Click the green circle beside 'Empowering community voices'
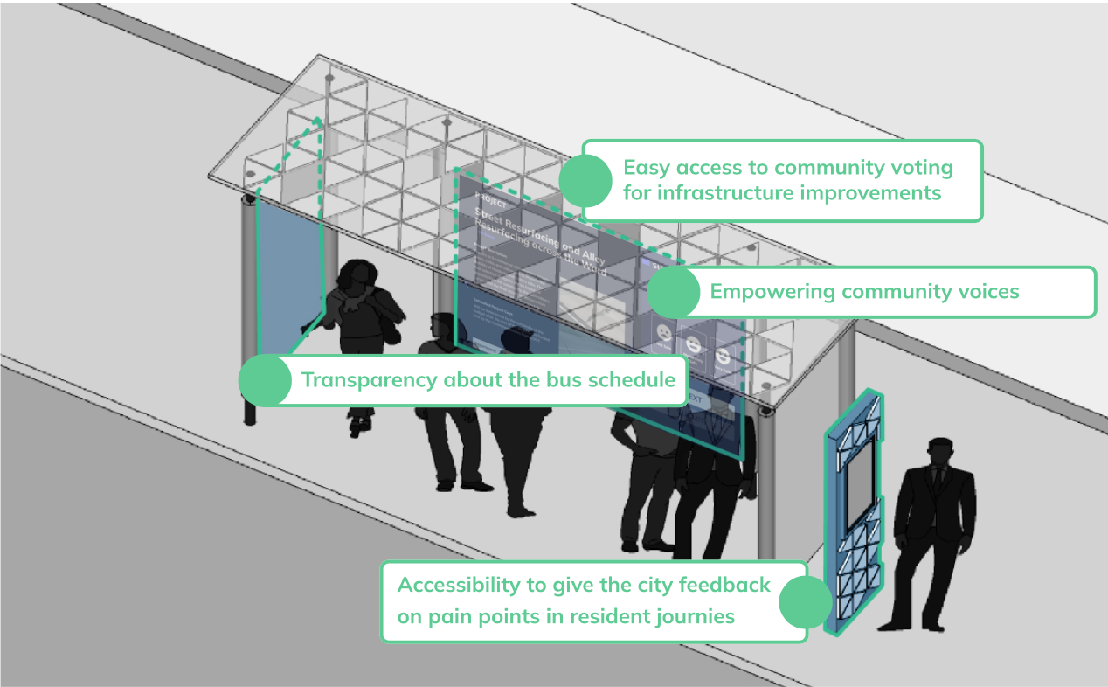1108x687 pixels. point(673,291)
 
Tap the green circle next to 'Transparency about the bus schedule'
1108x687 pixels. point(265,380)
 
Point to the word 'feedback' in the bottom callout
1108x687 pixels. point(724,585)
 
